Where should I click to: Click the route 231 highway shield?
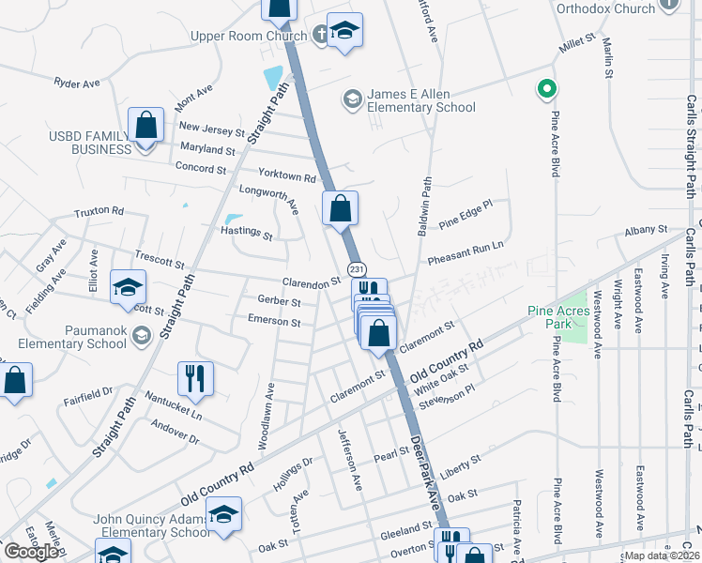[357, 268]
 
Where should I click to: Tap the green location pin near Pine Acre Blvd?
[544, 90]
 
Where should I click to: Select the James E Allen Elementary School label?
[407, 101]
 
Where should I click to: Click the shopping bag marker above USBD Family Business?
[146, 125]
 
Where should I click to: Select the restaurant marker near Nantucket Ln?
[195, 378]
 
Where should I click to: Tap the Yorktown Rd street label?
[288, 176]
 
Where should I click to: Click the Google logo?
[31, 551]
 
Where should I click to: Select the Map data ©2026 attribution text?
[663, 555]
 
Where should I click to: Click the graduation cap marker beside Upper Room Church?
[344, 31]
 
